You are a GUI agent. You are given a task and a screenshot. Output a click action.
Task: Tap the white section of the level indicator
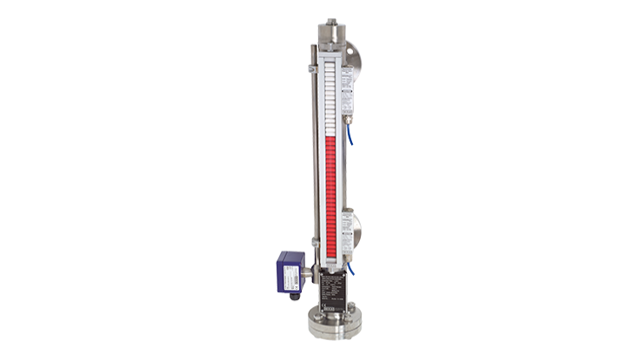(330, 95)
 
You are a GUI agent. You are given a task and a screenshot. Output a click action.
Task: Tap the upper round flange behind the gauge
(354, 56)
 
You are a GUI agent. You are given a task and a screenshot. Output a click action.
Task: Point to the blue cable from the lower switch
(352, 269)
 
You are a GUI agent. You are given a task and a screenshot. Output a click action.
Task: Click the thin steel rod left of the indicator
(314, 156)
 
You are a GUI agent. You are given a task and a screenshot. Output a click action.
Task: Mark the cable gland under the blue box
(295, 295)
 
